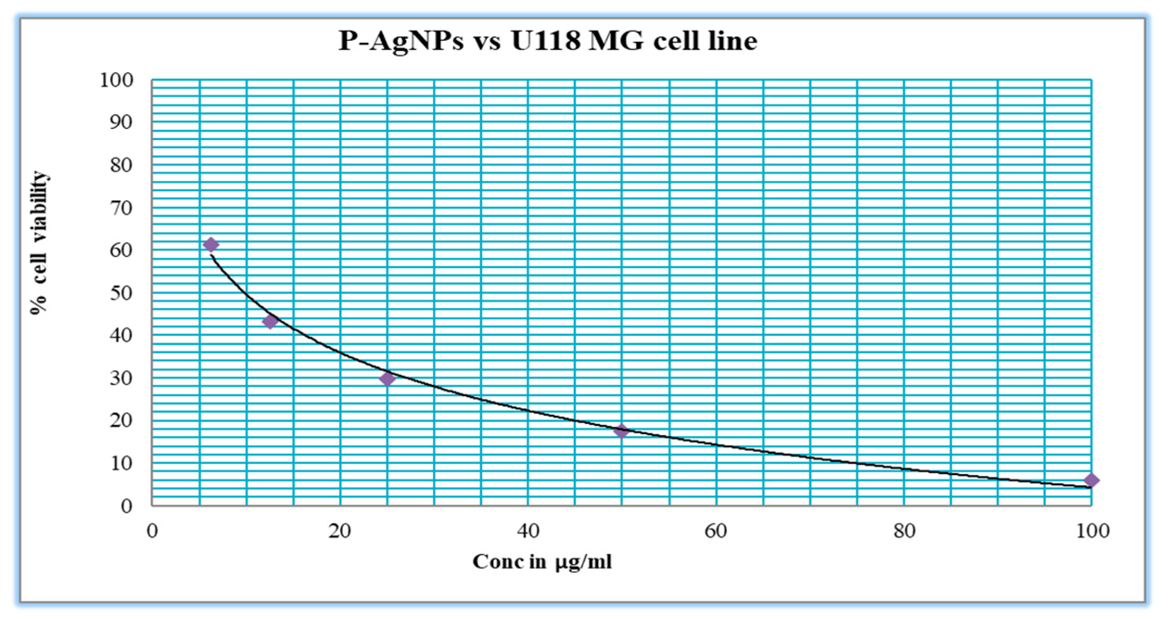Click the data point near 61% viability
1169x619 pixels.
(211, 245)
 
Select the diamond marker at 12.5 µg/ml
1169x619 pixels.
(270, 321)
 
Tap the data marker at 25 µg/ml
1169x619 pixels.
(387, 379)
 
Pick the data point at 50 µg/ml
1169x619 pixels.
(621, 431)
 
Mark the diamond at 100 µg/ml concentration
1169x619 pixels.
(1091, 480)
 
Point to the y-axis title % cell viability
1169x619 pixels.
(39, 243)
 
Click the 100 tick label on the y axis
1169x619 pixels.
(116, 80)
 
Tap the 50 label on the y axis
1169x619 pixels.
(121, 293)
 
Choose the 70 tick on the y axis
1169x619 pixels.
(121, 208)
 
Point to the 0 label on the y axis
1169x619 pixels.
(127, 506)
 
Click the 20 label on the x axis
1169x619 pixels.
(340, 531)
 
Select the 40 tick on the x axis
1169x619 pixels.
(528, 531)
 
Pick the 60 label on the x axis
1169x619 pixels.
(716, 531)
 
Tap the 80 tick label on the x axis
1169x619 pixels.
(904, 531)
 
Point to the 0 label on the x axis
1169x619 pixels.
(152, 531)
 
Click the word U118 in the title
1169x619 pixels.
(546, 41)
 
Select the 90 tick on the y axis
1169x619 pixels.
(121, 123)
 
